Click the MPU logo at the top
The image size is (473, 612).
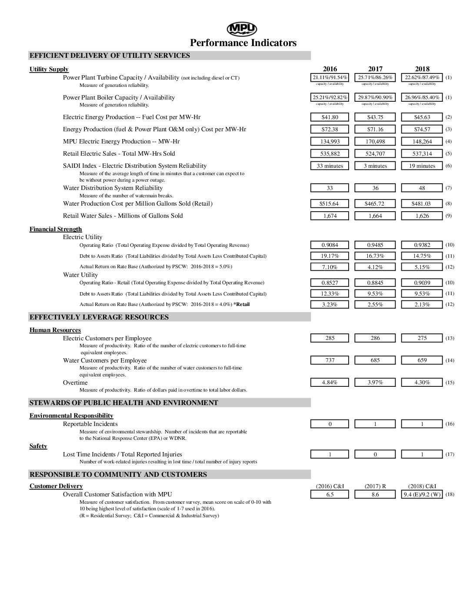242,29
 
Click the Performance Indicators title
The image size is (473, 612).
243,43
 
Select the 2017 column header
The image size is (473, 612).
375,69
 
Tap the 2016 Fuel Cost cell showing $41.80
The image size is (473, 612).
330,117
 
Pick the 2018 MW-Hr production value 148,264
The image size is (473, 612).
422,142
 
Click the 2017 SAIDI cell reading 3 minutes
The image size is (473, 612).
375,166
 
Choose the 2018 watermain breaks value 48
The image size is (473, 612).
422,188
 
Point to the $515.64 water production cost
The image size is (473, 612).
330,204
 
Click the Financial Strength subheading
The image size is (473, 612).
56,229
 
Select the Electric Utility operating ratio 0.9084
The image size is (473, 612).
330,245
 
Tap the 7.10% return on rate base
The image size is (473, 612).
330,267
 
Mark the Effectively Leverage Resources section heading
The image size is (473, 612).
99,317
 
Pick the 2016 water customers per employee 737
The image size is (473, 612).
330,360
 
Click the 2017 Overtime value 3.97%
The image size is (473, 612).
375,382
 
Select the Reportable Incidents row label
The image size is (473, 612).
90,424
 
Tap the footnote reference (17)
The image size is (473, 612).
450,455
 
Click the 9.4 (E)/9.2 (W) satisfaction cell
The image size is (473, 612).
422,495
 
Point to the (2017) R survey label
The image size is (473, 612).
375,486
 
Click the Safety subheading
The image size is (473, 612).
38,446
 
